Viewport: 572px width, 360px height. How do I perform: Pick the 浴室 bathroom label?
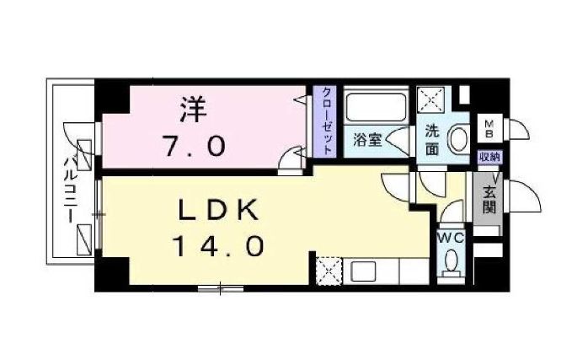[x=367, y=140]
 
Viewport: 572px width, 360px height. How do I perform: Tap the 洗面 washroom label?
[x=431, y=140]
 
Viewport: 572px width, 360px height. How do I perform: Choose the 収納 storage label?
[x=489, y=157]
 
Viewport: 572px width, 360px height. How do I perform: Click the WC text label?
[x=451, y=239]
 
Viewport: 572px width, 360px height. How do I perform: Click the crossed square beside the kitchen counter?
[x=329, y=272]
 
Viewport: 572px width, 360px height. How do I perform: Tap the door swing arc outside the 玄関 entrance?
[x=521, y=199]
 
